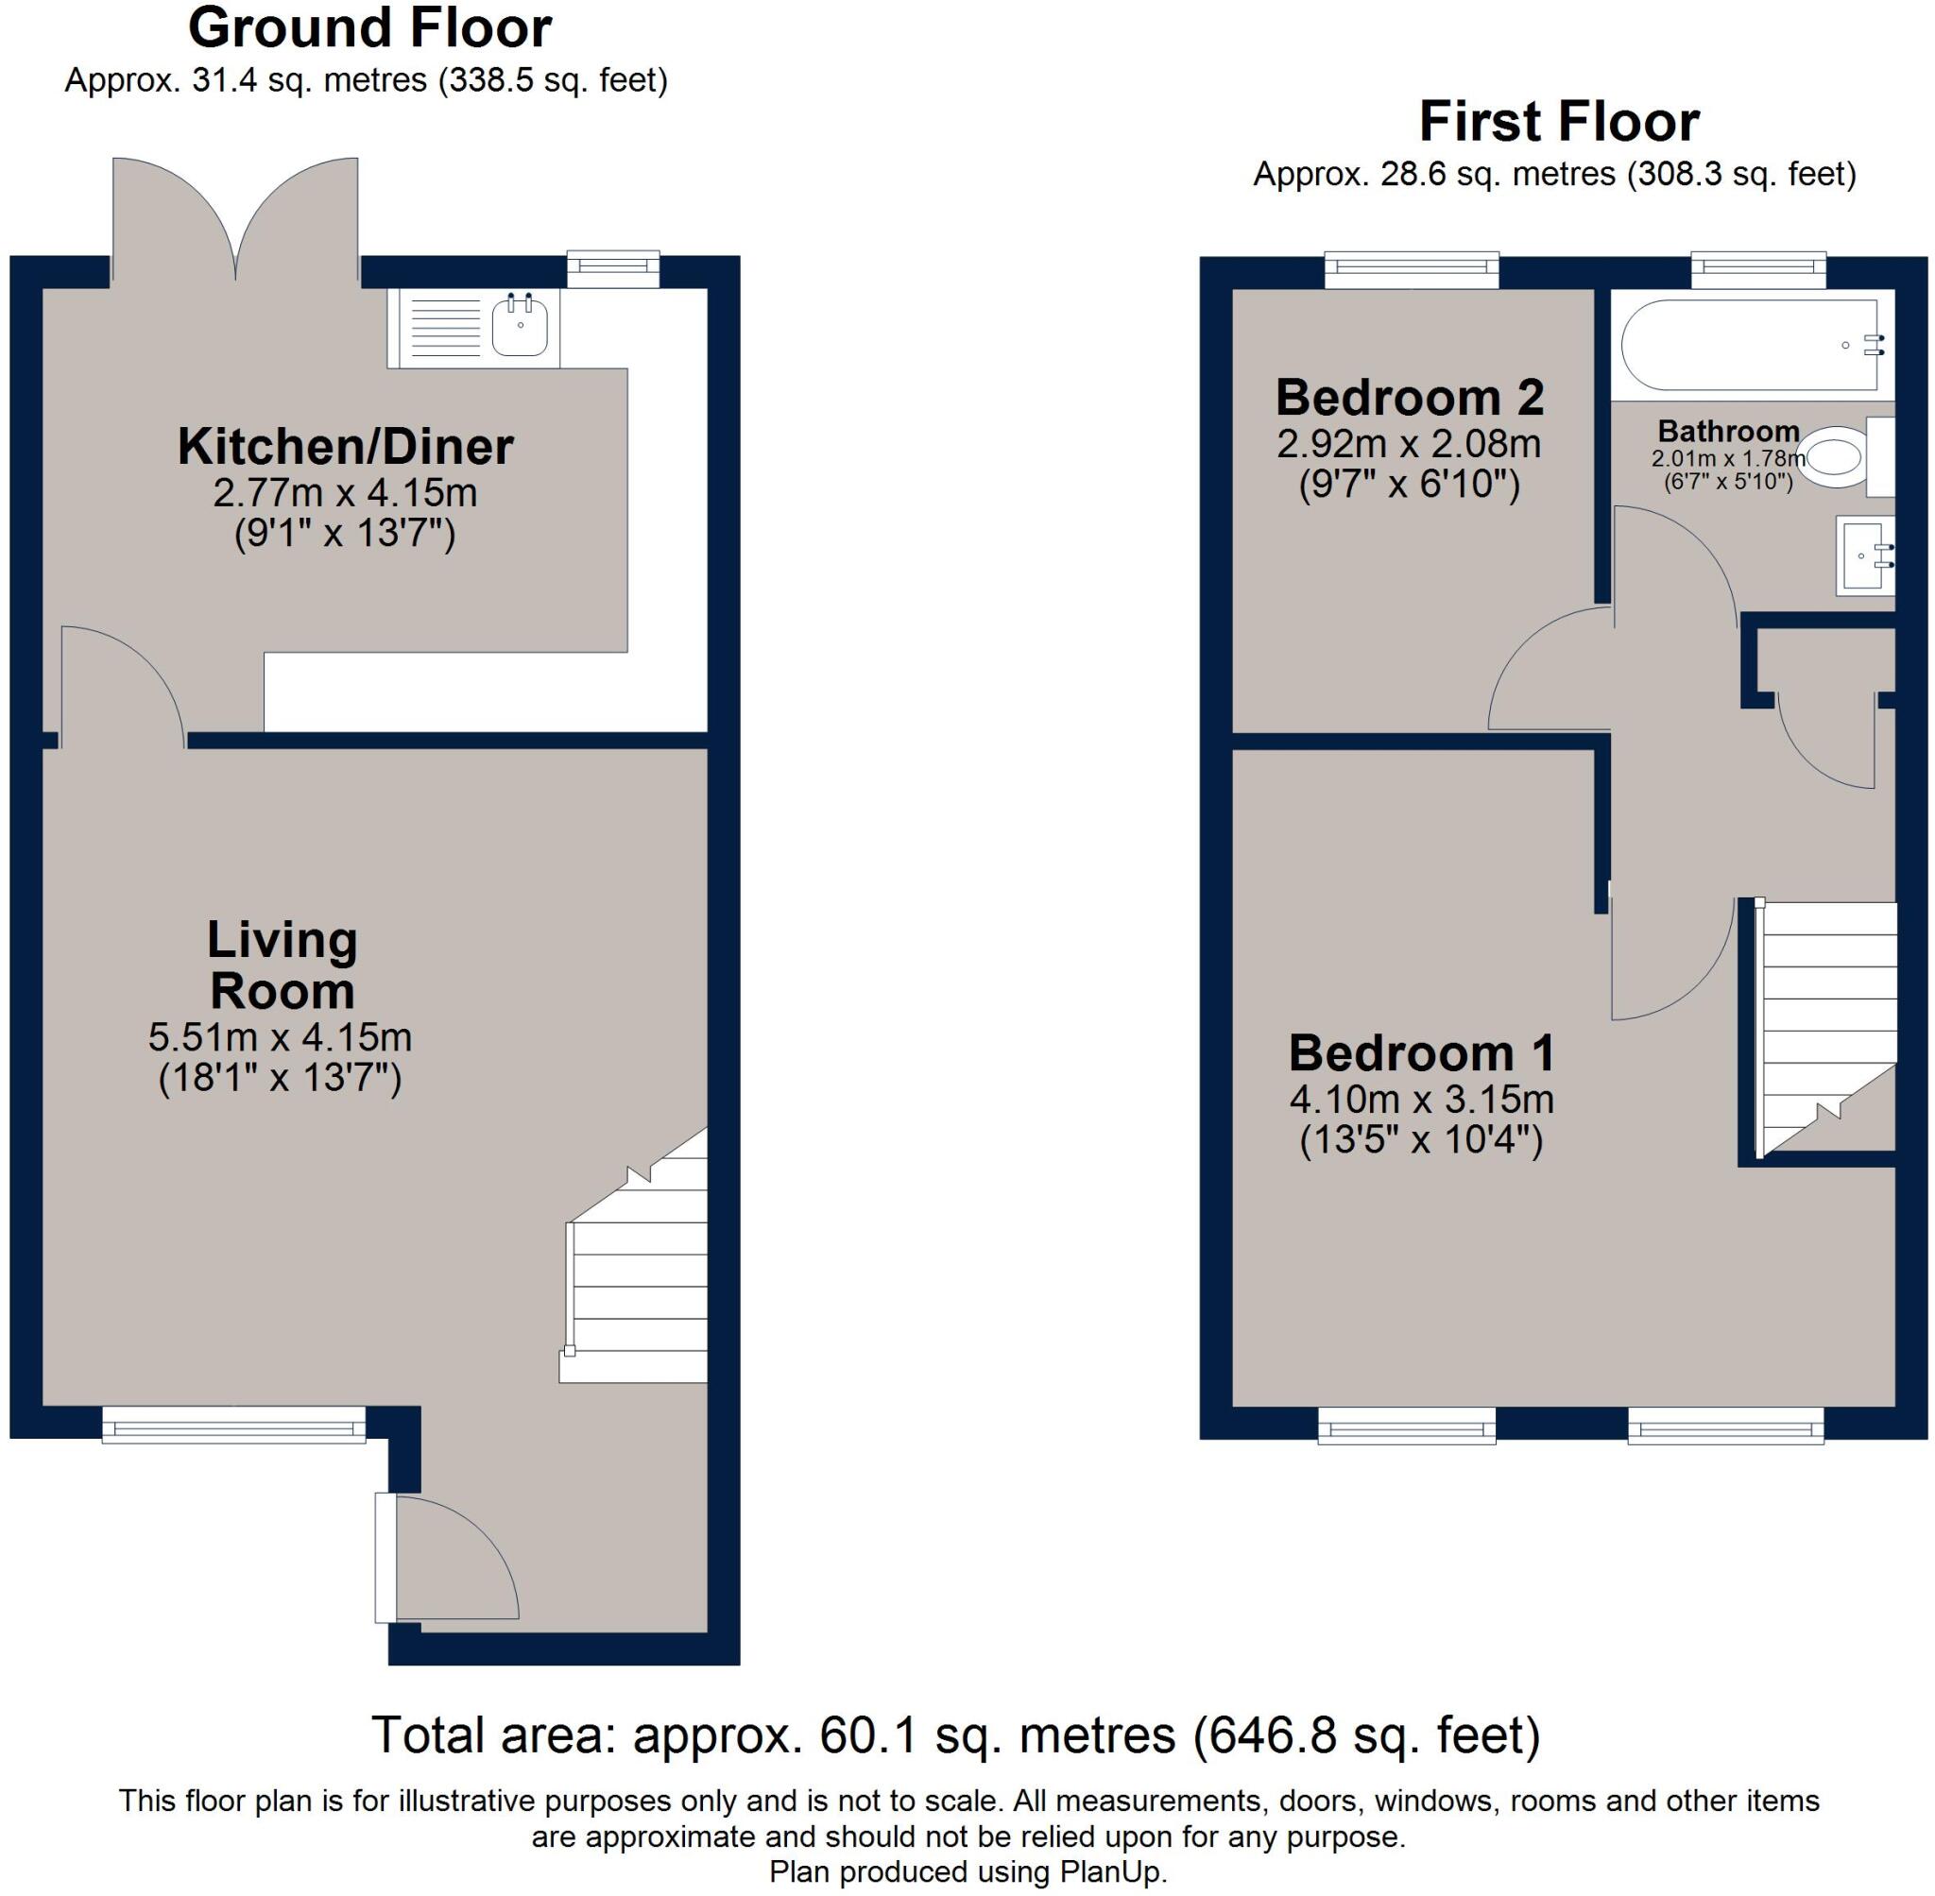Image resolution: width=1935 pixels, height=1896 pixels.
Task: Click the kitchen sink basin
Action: click(520, 325)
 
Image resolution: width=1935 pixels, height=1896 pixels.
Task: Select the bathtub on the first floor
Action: click(1749, 345)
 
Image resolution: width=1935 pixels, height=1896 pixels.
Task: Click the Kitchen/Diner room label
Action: click(345, 447)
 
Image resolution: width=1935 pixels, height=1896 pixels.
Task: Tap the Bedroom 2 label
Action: click(1409, 399)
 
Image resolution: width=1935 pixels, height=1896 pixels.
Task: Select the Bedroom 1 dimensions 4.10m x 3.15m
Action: click(1421, 1101)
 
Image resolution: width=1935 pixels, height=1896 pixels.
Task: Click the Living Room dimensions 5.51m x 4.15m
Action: click(280, 1037)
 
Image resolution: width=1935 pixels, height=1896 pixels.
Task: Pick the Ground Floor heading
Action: click(369, 29)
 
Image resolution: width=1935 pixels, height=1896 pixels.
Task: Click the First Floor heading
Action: click(1559, 123)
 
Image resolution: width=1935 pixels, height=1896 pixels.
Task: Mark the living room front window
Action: click(234, 1425)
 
